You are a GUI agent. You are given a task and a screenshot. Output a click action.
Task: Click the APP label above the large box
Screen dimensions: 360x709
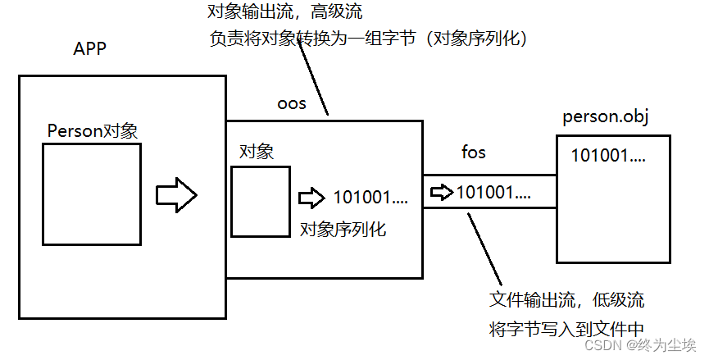click(90, 50)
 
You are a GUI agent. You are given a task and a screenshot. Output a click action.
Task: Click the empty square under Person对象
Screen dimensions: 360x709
click(92, 194)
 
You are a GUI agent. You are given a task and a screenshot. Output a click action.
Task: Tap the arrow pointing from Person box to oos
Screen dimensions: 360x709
click(176, 195)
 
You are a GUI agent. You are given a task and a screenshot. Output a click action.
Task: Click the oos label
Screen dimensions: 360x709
click(293, 103)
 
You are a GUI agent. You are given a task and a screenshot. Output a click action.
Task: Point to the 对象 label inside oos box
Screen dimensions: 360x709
click(256, 151)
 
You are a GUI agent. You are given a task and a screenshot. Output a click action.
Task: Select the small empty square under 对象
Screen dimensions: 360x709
click(260, 198)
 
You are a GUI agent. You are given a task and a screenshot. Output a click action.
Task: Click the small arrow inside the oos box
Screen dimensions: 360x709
click(311, 198)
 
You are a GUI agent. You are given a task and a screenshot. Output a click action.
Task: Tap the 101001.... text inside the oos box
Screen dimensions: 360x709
click(370, 198)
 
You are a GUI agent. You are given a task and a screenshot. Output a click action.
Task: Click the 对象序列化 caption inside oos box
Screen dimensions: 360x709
click(343, 229)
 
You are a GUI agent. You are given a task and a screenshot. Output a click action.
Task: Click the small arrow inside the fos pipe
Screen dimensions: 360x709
click(442, 193)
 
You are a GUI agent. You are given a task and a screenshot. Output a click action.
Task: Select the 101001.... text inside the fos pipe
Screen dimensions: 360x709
click(493, 193)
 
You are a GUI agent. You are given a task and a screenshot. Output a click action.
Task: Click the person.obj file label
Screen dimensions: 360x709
click(606, 116)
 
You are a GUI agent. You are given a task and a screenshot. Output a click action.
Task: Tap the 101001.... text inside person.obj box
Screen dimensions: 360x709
click(608, 154)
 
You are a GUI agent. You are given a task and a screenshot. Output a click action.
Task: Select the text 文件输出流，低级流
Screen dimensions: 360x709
click(571, 299)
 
